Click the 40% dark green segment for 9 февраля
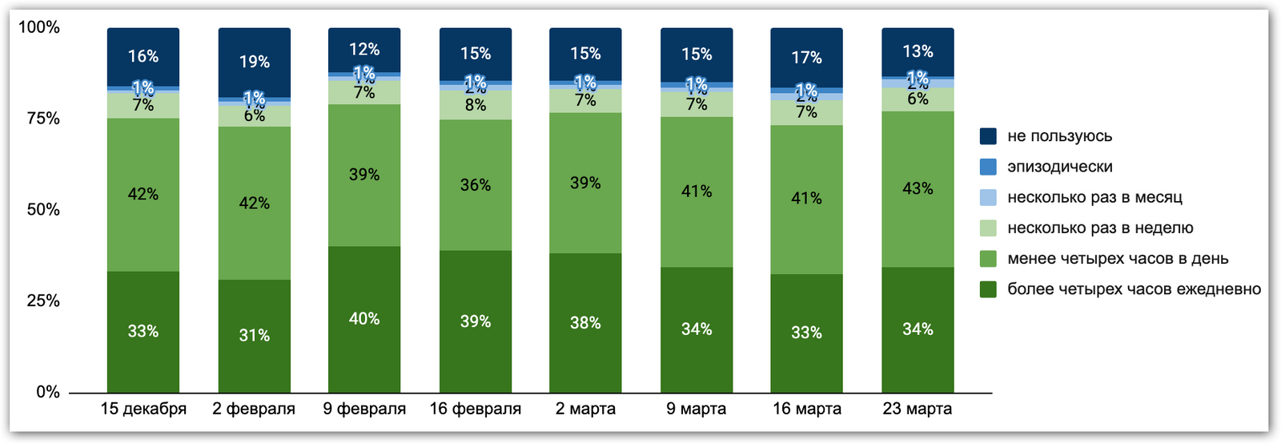tap(364, 319)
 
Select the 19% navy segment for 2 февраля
tap(254, 62)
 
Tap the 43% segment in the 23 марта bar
tap(918, 189)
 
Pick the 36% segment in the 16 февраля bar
tap(476, 185)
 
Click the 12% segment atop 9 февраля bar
tap(364, 50)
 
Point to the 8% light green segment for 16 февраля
tap(476, 106)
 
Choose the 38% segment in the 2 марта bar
tap(585, 323)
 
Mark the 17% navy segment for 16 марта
tap(806, 58)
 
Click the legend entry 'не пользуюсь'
tap(1059, 136)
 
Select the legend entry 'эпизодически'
tap(1059, 167)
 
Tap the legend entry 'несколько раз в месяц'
tap(1094, 197)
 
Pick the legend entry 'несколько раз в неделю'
tap(1100, 228)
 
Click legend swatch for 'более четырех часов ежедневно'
tap(989, 289)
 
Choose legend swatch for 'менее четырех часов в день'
tap(989, 259)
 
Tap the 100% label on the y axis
tap(39, 27)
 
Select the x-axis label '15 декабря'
tap(143, 409)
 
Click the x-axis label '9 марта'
tap(697, 409)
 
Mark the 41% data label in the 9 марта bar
tap(697, 192)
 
